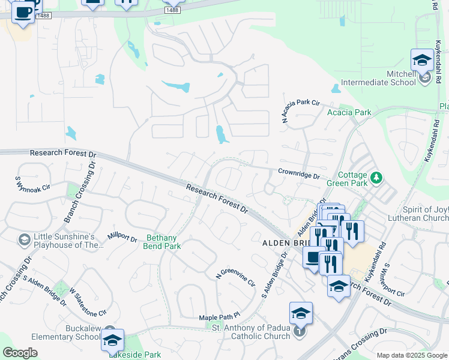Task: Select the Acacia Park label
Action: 349,112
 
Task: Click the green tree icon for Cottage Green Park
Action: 376,178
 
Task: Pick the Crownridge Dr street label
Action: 298,174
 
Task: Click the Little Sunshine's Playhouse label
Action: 65,240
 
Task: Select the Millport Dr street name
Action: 122,236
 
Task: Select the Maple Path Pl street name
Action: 220,316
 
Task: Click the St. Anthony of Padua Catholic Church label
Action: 252,331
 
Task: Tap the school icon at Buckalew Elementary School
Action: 112,340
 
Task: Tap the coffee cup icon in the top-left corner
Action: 23,13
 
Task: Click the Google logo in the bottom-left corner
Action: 20,353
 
